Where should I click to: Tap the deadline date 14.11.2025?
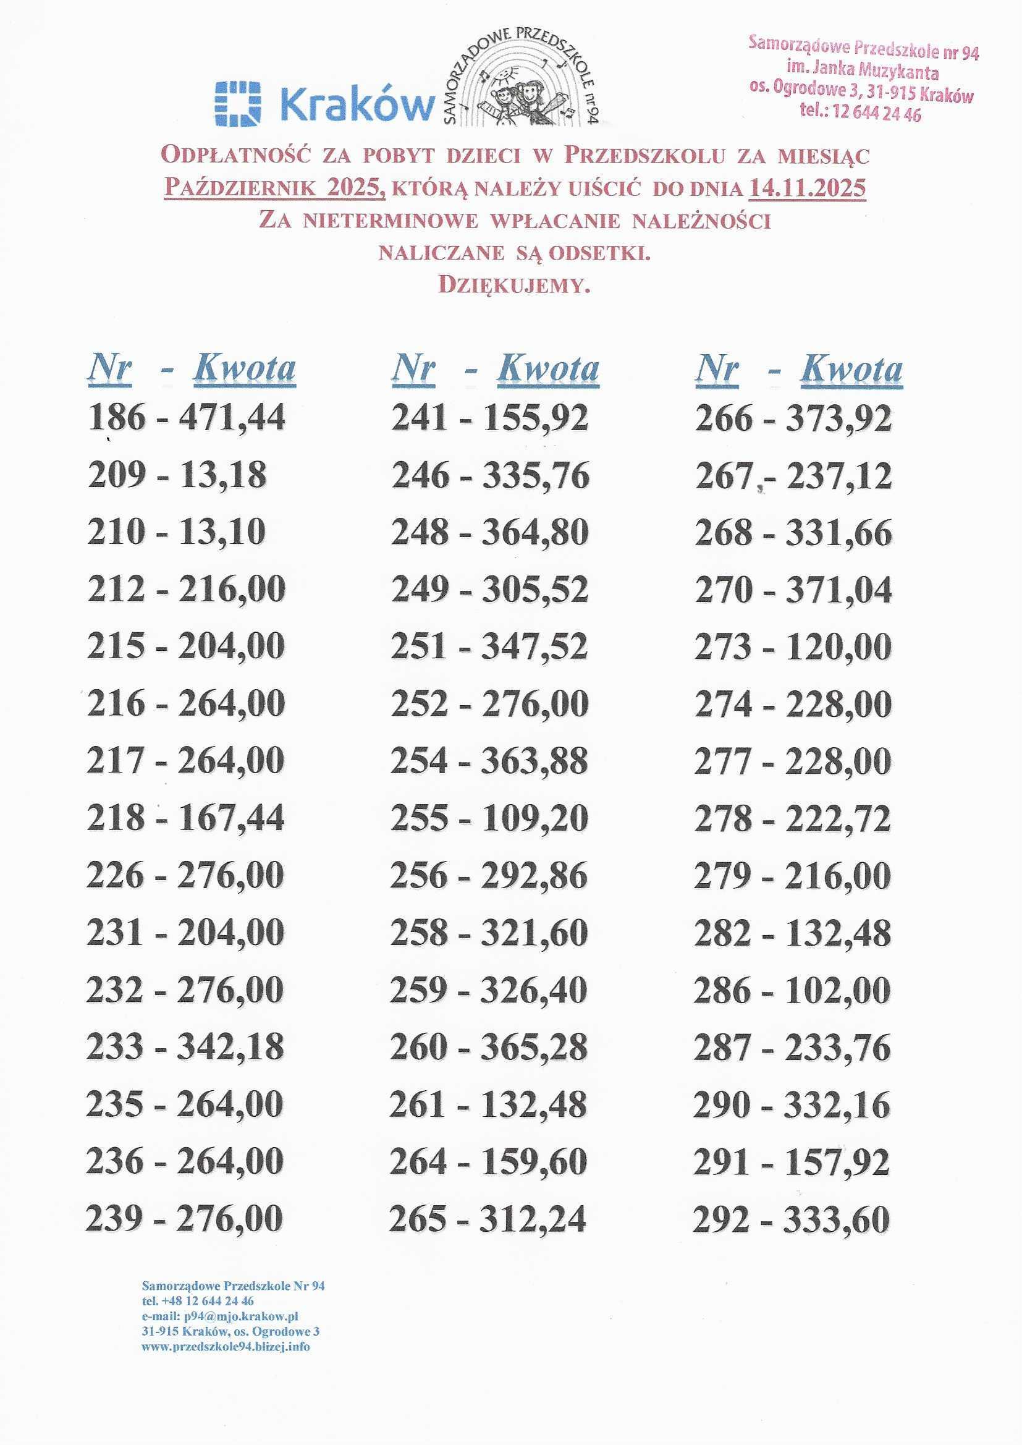[x=807, y=188]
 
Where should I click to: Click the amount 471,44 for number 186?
[x=232, y=417]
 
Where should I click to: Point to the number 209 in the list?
[x=117, y=475]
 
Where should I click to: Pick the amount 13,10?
[x=223, y=532]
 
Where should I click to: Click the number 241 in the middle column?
[x=420, y=417]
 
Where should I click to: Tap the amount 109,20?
[x=535, y=818]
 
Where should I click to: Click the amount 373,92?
[x=838, y=418]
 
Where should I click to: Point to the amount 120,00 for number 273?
[x=838, y=647]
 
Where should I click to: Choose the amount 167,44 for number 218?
[x=231, y=818]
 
